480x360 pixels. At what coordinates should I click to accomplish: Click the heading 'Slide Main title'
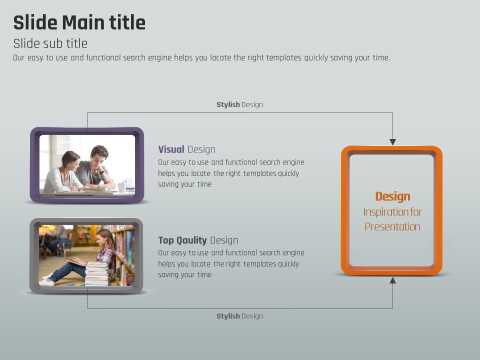tap(79, 22)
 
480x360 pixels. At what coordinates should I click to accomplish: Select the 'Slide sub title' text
tap(50, 43)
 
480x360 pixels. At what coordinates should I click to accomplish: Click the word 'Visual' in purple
tap(171, 149)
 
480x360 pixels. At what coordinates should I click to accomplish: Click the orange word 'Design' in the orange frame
tap(393, 196)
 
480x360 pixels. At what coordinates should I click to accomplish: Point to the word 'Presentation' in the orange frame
tap(392, 227)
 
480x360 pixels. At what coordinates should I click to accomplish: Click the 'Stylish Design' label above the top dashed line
tap(239, 104)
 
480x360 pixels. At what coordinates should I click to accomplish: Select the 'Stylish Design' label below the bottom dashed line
tap(239, 316)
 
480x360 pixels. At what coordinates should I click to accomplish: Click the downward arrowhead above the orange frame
tap(393, 142)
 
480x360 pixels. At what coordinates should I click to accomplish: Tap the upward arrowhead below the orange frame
tap(393, 280)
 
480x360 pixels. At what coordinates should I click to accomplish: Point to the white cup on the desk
tap(121, 187)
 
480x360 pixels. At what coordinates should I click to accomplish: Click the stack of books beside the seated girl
tap(96, 274)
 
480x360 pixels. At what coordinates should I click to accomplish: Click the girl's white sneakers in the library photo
tap(47, 280)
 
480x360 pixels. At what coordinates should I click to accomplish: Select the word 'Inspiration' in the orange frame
tap(383, 212)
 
